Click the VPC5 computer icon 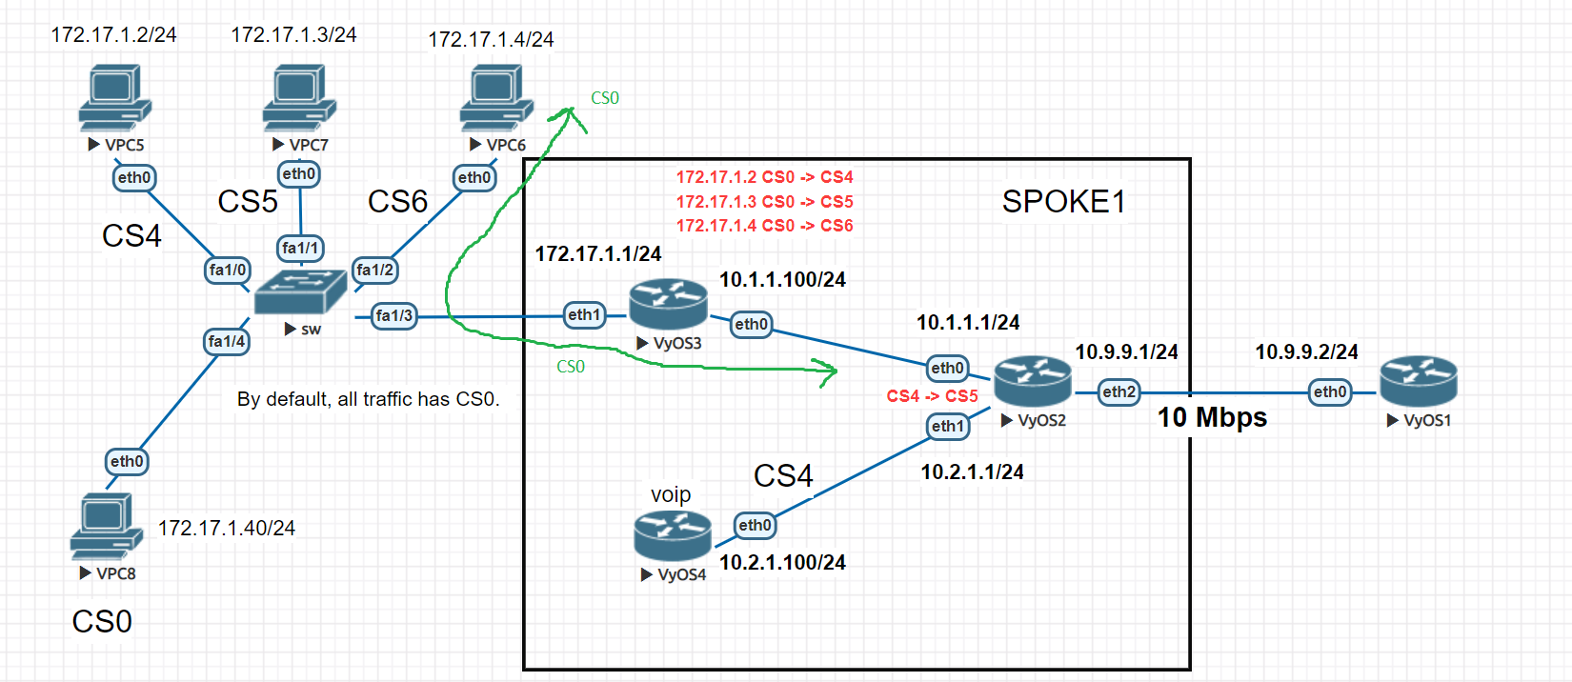click(x=114, y=97)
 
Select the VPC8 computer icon click(x=107, y=526)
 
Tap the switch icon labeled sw click(x=299, y=291)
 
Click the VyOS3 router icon click(x=668, y=304)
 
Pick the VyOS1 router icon click(x=1419, y=381)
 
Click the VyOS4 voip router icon click(x=673, y=535)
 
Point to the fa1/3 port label click(x=394, y=315)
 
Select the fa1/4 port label click(x=227, y=341)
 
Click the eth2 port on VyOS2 click(x=1119, y=391)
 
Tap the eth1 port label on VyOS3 click(x=584, y=314)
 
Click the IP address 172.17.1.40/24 click(x=227, y=528)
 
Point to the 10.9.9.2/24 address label click(x=1306, y=351)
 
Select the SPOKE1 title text click(x=1063, y=202)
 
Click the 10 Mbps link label click(x=1212, y=417)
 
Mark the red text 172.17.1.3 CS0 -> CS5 click(x=764, y=202)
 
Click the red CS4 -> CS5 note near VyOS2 click(x=932, y=396)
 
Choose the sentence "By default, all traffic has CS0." click(x=368, y=399)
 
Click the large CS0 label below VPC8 click(x=102, y=622)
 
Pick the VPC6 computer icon click(x=495, y=98)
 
